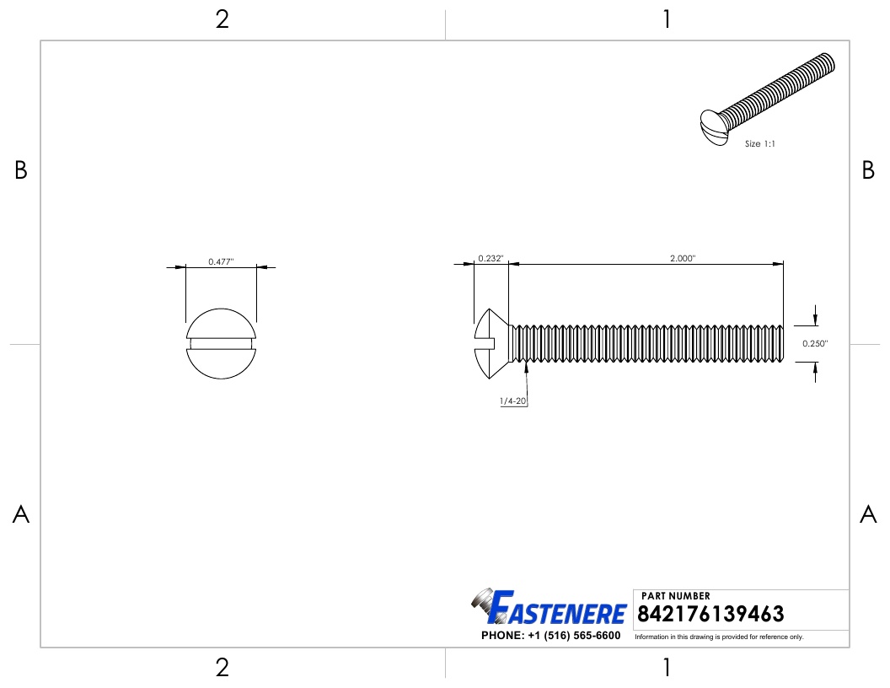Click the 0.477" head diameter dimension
tap(221, 261)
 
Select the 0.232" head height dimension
tap(491, 258)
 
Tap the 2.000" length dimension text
tap(683, 258)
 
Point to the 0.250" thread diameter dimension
tap(815, 343)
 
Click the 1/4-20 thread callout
tap(513, 400)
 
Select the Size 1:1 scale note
tap(760, 143)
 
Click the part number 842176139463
tap(710, 614)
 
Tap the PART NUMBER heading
tap(675, 596)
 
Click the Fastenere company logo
tap(549, 606)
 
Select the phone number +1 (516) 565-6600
tap(574, 635)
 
